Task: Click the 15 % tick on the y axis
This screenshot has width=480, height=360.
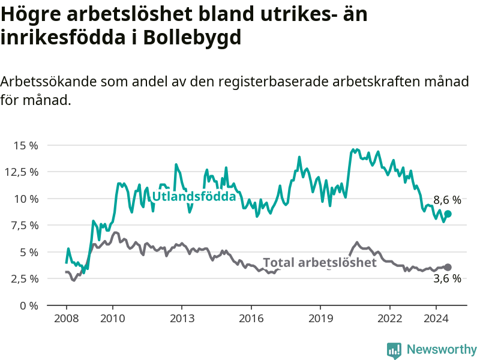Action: point(26,145)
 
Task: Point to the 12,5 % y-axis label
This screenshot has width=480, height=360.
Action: point(22,172)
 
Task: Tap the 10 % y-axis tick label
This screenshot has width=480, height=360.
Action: point(26,199)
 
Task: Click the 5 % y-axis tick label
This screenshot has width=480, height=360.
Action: point(29,252)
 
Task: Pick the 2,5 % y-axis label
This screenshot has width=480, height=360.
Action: point(25,279)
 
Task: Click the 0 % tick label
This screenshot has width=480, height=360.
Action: point(29,305)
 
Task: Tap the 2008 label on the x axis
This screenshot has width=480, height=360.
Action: point(66,319)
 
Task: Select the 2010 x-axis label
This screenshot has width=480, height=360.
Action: point(113,319)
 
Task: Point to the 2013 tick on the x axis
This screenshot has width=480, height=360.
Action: point(182,319)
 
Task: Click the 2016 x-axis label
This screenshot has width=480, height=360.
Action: point(251,319)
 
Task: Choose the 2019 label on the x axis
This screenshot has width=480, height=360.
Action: point(320,319)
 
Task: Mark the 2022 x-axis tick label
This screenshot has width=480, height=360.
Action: point(389,319)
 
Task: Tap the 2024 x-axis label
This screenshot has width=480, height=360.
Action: point(436,319)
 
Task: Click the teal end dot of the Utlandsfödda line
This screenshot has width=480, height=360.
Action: point(448,214)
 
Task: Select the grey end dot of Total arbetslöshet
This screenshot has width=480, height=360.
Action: point(448,267)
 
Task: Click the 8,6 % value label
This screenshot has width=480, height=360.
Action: point(447,200)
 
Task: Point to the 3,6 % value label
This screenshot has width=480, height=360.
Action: point(447,278)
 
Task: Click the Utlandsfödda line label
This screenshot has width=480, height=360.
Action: point(194,197)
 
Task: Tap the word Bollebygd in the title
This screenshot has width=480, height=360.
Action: point(192,38)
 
